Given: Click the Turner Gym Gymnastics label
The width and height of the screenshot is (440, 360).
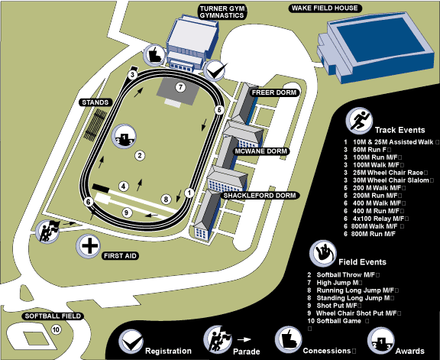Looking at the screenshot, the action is [x=223, y=12].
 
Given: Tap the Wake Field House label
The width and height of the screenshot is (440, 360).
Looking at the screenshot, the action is [x=325, y=8].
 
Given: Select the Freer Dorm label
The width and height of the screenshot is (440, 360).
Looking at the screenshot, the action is [x=274, y=92].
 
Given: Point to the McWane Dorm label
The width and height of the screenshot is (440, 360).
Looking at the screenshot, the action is [x=261, y=151].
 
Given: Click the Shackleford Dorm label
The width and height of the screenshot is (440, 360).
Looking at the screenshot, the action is [x=260, y=196].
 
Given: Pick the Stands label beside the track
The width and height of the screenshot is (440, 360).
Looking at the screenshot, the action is [x=95, y=102].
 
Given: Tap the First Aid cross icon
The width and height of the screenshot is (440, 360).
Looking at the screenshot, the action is [x=89, y=246].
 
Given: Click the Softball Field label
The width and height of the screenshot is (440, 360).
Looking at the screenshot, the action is [x=53, y=316].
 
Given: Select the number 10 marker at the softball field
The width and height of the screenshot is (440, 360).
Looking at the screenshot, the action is [x=56, y=329].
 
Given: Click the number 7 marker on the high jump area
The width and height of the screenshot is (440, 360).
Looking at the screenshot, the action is [x=180, y=87].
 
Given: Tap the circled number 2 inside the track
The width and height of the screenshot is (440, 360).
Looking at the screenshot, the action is [x=140, y=155].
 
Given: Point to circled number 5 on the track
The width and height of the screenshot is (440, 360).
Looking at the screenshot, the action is [x=219, y=110].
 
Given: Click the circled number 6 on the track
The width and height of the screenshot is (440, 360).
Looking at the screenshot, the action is [x=89, y=202].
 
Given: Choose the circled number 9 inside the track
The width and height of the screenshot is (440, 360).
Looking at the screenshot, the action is [x=127, y=212].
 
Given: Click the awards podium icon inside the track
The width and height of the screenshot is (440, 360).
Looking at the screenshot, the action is [x=125, y=137].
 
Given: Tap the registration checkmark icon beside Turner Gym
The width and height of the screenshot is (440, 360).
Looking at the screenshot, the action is [x=215, y=70].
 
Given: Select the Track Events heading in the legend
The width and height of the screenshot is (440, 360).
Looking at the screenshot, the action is [x=400, y=130].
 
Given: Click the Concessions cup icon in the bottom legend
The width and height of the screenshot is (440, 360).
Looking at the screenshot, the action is [x=288, y=339].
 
